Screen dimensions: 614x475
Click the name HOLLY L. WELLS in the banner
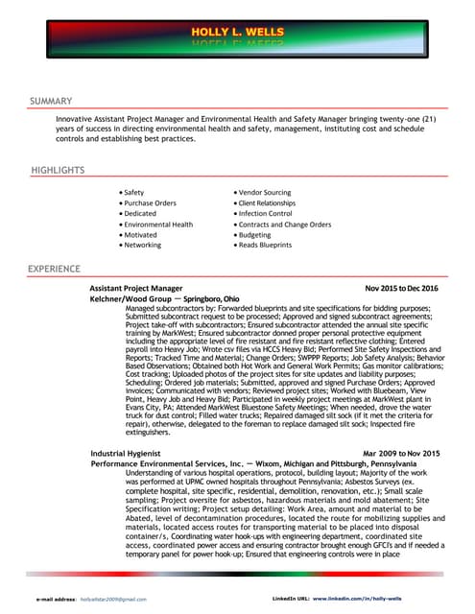[x=238, y=34]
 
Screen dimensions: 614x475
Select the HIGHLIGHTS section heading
[x=58, y=170]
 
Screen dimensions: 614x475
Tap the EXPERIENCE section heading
[x=54, y=268]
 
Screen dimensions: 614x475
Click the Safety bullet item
[x=133, y=193]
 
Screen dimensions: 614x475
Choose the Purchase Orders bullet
[x=150, y=203]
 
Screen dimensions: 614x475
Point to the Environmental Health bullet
[x=158, y=224]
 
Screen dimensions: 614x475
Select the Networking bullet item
[x=142, y=245]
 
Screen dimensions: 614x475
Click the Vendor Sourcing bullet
[x=265, y=193]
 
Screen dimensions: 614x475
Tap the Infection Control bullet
[x=265, y=214]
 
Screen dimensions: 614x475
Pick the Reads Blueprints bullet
[x=266, y=245]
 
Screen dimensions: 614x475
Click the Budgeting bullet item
[x=255, y=234]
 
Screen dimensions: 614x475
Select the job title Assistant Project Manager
[x=135, y=288]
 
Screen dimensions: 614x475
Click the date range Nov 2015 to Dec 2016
[x=401, y=288]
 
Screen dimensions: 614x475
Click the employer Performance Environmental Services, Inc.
[x=171, y=462]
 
